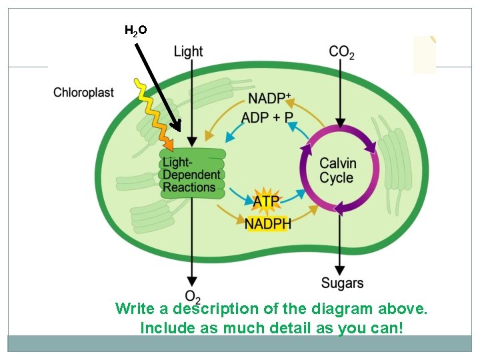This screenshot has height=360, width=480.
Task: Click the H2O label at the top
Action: tap(136, 30)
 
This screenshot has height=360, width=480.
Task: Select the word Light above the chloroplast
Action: tap(188, 51)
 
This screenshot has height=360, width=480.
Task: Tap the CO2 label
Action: tap(341, 52)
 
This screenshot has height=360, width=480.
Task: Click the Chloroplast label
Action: tap(84, 93)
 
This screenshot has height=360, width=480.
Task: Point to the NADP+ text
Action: tap(269, 99)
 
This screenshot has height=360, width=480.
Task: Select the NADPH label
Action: tap(268, 223)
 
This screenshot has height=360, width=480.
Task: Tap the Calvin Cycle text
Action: tap(338, 171)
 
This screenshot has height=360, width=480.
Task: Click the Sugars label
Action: tap(342, 283)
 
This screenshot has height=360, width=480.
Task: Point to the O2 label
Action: tap(192, 297)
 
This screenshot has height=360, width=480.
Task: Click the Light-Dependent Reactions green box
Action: tap(192, 174)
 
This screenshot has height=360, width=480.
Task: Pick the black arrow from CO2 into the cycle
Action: tap(341, 93)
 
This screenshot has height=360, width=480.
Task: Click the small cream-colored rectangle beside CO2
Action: tap(424, 55)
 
